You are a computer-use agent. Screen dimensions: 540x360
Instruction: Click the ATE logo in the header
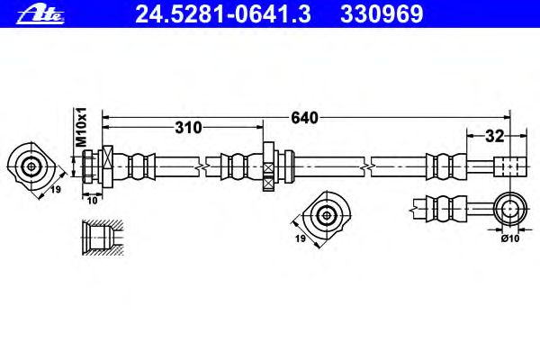pos(40,14)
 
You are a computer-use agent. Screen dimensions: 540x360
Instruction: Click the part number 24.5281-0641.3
pos(223,14)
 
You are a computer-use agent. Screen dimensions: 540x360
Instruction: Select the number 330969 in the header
pos(382,14)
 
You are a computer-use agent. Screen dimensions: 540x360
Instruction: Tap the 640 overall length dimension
pos(304,118)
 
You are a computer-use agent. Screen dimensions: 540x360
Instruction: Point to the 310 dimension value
pos(188,128)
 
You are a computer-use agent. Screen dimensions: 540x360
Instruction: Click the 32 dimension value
pos(494,137)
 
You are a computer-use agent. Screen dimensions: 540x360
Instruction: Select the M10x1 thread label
pos(81,128)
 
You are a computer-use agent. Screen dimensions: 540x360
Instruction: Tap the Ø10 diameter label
pos(510,238)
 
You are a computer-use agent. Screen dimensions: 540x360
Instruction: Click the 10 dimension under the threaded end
pos(93,201)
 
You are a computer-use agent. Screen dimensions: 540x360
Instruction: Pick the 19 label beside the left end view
pos(56,189)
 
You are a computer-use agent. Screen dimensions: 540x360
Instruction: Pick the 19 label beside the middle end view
pos(301,238)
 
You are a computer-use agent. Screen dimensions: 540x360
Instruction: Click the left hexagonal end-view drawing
pos(31,167)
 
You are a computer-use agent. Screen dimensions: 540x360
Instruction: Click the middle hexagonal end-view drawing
pos(327,215)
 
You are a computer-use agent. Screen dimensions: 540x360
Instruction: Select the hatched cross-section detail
pos(103,238)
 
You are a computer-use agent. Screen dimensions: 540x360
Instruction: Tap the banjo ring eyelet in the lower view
pos(510,209)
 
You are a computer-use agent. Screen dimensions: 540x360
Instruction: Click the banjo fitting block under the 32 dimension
pos(510,167)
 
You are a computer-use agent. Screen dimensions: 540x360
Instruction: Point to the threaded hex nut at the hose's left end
pos(87,167)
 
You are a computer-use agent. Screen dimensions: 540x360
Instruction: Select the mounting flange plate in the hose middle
pos(268,166)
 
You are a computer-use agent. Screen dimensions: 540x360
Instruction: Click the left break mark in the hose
pos(202,167)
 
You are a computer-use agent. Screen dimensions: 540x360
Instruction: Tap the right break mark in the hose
pos(368,167)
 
